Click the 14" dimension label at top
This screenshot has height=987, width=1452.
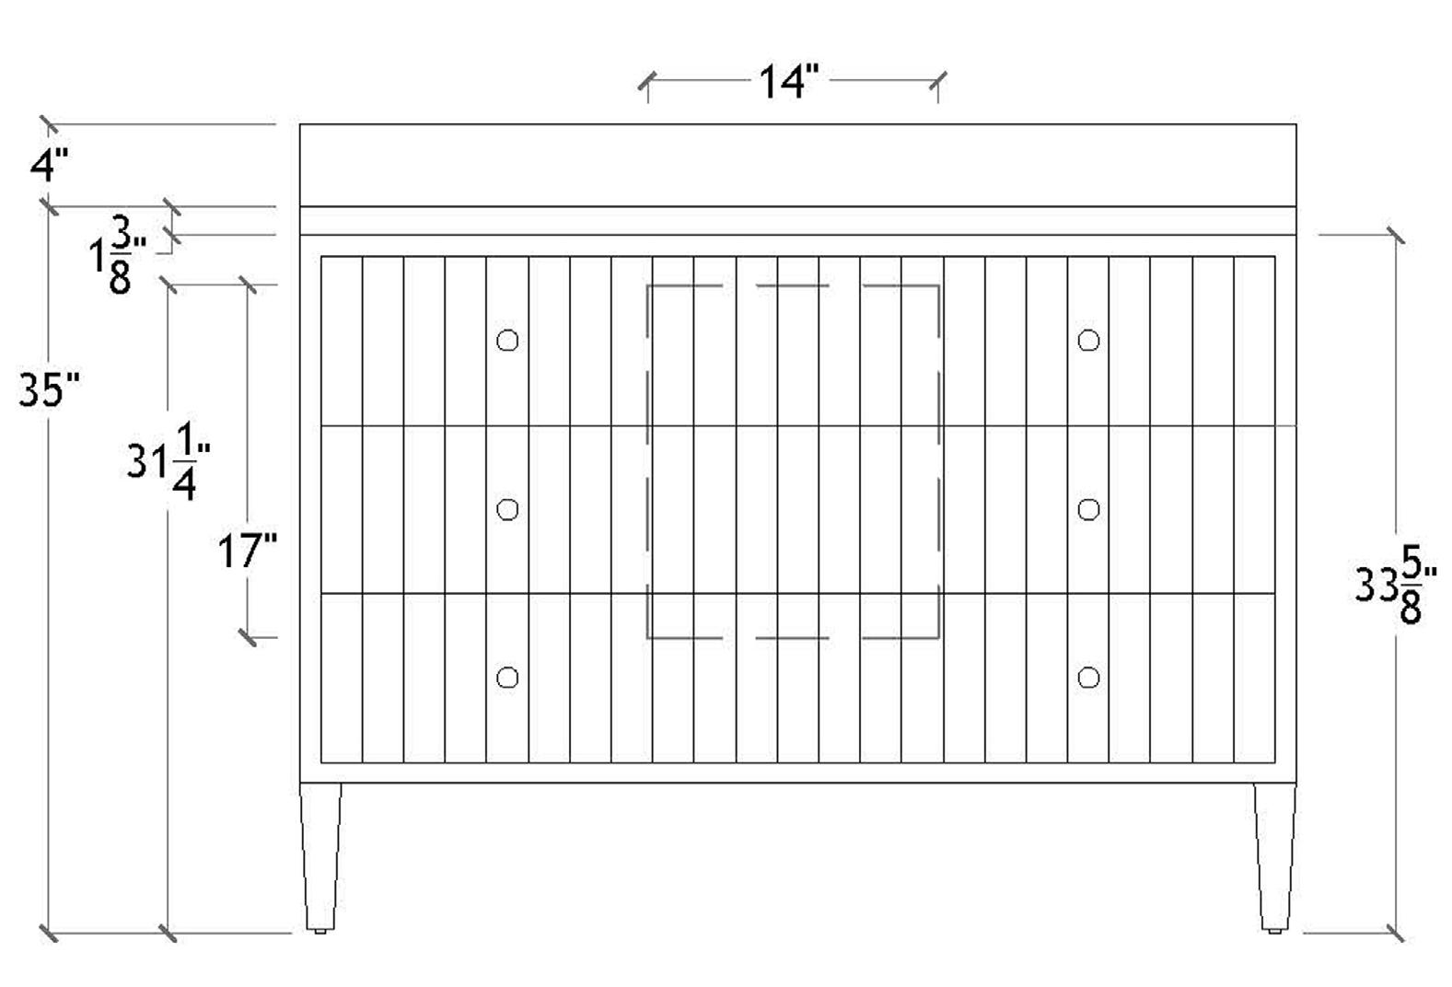pyautogui.click(x=788, y=82)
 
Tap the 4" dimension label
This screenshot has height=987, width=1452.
pyautogui.click(x=49, y=166)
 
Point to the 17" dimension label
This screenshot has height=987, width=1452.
pyautogui.click(x=247, y=552)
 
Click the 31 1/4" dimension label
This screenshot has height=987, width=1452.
pyautogui.click(x=170, y=461)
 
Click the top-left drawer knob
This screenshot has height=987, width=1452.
pyautogui.click(x=507, y=341)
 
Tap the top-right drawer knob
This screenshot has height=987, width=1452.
pyautogui.click(x=1088, y=341)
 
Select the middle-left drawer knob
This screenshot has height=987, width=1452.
pyautogui.click(x=507, y=509)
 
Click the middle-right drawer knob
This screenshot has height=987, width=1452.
pyautogui.click(x=1088, y=509)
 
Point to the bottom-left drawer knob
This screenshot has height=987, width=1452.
pyautogui.click(x=507, y=678)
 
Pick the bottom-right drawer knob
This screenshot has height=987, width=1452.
pyautogui.click(x=1088, y=678)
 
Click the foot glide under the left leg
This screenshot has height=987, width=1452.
pyautogui.click(x=319, y=932)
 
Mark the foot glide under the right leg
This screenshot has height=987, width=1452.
pyautogui.click(x=1274, y=932)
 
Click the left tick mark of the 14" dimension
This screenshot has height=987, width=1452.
pyautogui.click(x=647, y=82)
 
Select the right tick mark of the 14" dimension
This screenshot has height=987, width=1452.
pyautogui.click(x=937, y=82)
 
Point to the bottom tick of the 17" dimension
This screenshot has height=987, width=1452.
pyautogui.click(x=248, y=636)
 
